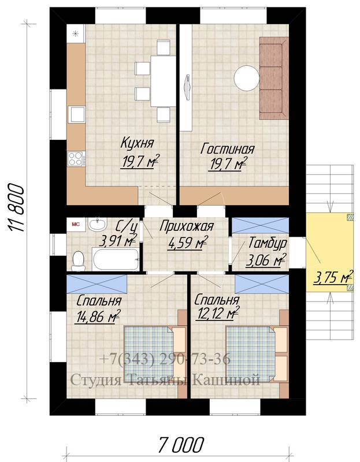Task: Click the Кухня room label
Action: pos(138,143)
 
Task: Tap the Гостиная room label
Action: pos(227,149)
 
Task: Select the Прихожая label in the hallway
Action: pos(186,226)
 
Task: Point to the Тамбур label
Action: pos(268,243)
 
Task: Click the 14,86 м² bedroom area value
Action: pos(98,316)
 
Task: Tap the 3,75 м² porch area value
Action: pos(333,277)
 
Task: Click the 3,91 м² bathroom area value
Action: pos(118,241)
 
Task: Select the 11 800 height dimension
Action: pos(16,208)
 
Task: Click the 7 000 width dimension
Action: pos(180,444)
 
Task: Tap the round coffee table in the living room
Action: pos(247,79)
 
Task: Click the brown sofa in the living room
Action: pos(274,78)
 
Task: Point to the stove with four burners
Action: pos(76,159)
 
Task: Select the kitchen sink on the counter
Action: pos(77,114)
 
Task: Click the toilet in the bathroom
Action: pos(79,260)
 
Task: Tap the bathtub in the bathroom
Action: pos(116,259)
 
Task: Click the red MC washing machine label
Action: pos(76,224)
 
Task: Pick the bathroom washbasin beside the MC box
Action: pos(97,225)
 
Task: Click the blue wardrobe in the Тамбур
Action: pos(260,225)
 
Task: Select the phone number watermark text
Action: pos(165,359)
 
